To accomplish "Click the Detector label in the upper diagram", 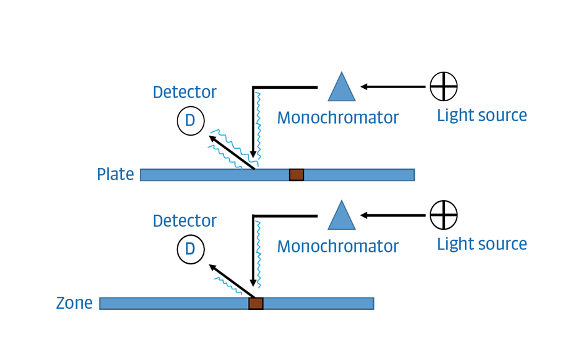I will click(x=184, y=92).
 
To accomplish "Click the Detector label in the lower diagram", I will click(x=184, y=221).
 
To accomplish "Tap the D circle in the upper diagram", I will click(x=191, y=121).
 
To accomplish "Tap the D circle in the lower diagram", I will click(x=191, y=249).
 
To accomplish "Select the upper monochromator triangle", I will click(x=342, y=89).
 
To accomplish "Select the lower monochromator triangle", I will click(x=342, y=217).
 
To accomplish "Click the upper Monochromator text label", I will click(x=337, y=117).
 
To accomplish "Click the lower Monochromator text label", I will click(x=337, y=246).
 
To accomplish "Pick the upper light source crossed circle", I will click(x=444, y=86).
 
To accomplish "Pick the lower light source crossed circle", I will click(x=444, y=215).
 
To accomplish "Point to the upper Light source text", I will click(x=482, y=116).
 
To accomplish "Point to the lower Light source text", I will click(x=482, y=244).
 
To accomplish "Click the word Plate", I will click(x=116, y=174).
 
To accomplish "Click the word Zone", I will click(x=74, y=303).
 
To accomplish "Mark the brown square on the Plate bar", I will click(x=297, y=175).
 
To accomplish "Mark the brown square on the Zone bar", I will click(x=256, y=304).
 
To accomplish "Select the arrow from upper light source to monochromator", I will click(x=393, y=87).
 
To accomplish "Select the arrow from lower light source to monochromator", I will click(x=393, y=216).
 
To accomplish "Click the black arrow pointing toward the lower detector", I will click(x=232, y=281).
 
